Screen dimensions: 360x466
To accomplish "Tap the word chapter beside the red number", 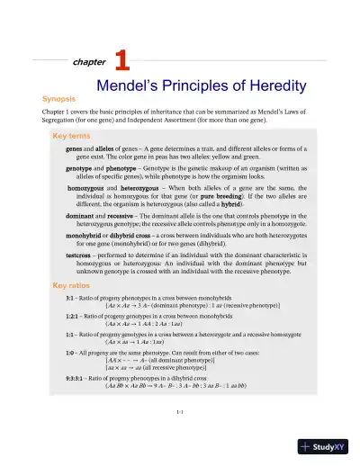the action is [x=88, y=63].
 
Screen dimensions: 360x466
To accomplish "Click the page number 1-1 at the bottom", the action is [x=180, y=412].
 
